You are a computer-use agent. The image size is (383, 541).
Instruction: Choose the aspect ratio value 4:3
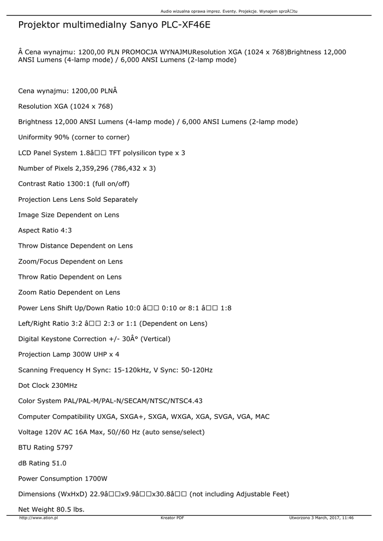pyautogui.click(x=66, y=230)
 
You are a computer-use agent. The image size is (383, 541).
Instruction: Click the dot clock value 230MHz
pyautogui.click(x=64, y=385)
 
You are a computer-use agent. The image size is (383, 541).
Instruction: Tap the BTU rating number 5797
pyautogui.click(x=64, y=447)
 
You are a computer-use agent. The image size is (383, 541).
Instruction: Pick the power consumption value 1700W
pyautogui.click(x=96, y=479)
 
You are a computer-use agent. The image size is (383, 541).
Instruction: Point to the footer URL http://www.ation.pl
pyautogui.click(x=39, y=518)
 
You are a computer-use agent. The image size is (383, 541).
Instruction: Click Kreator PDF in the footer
pyautogui.click(x=172, y=518)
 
